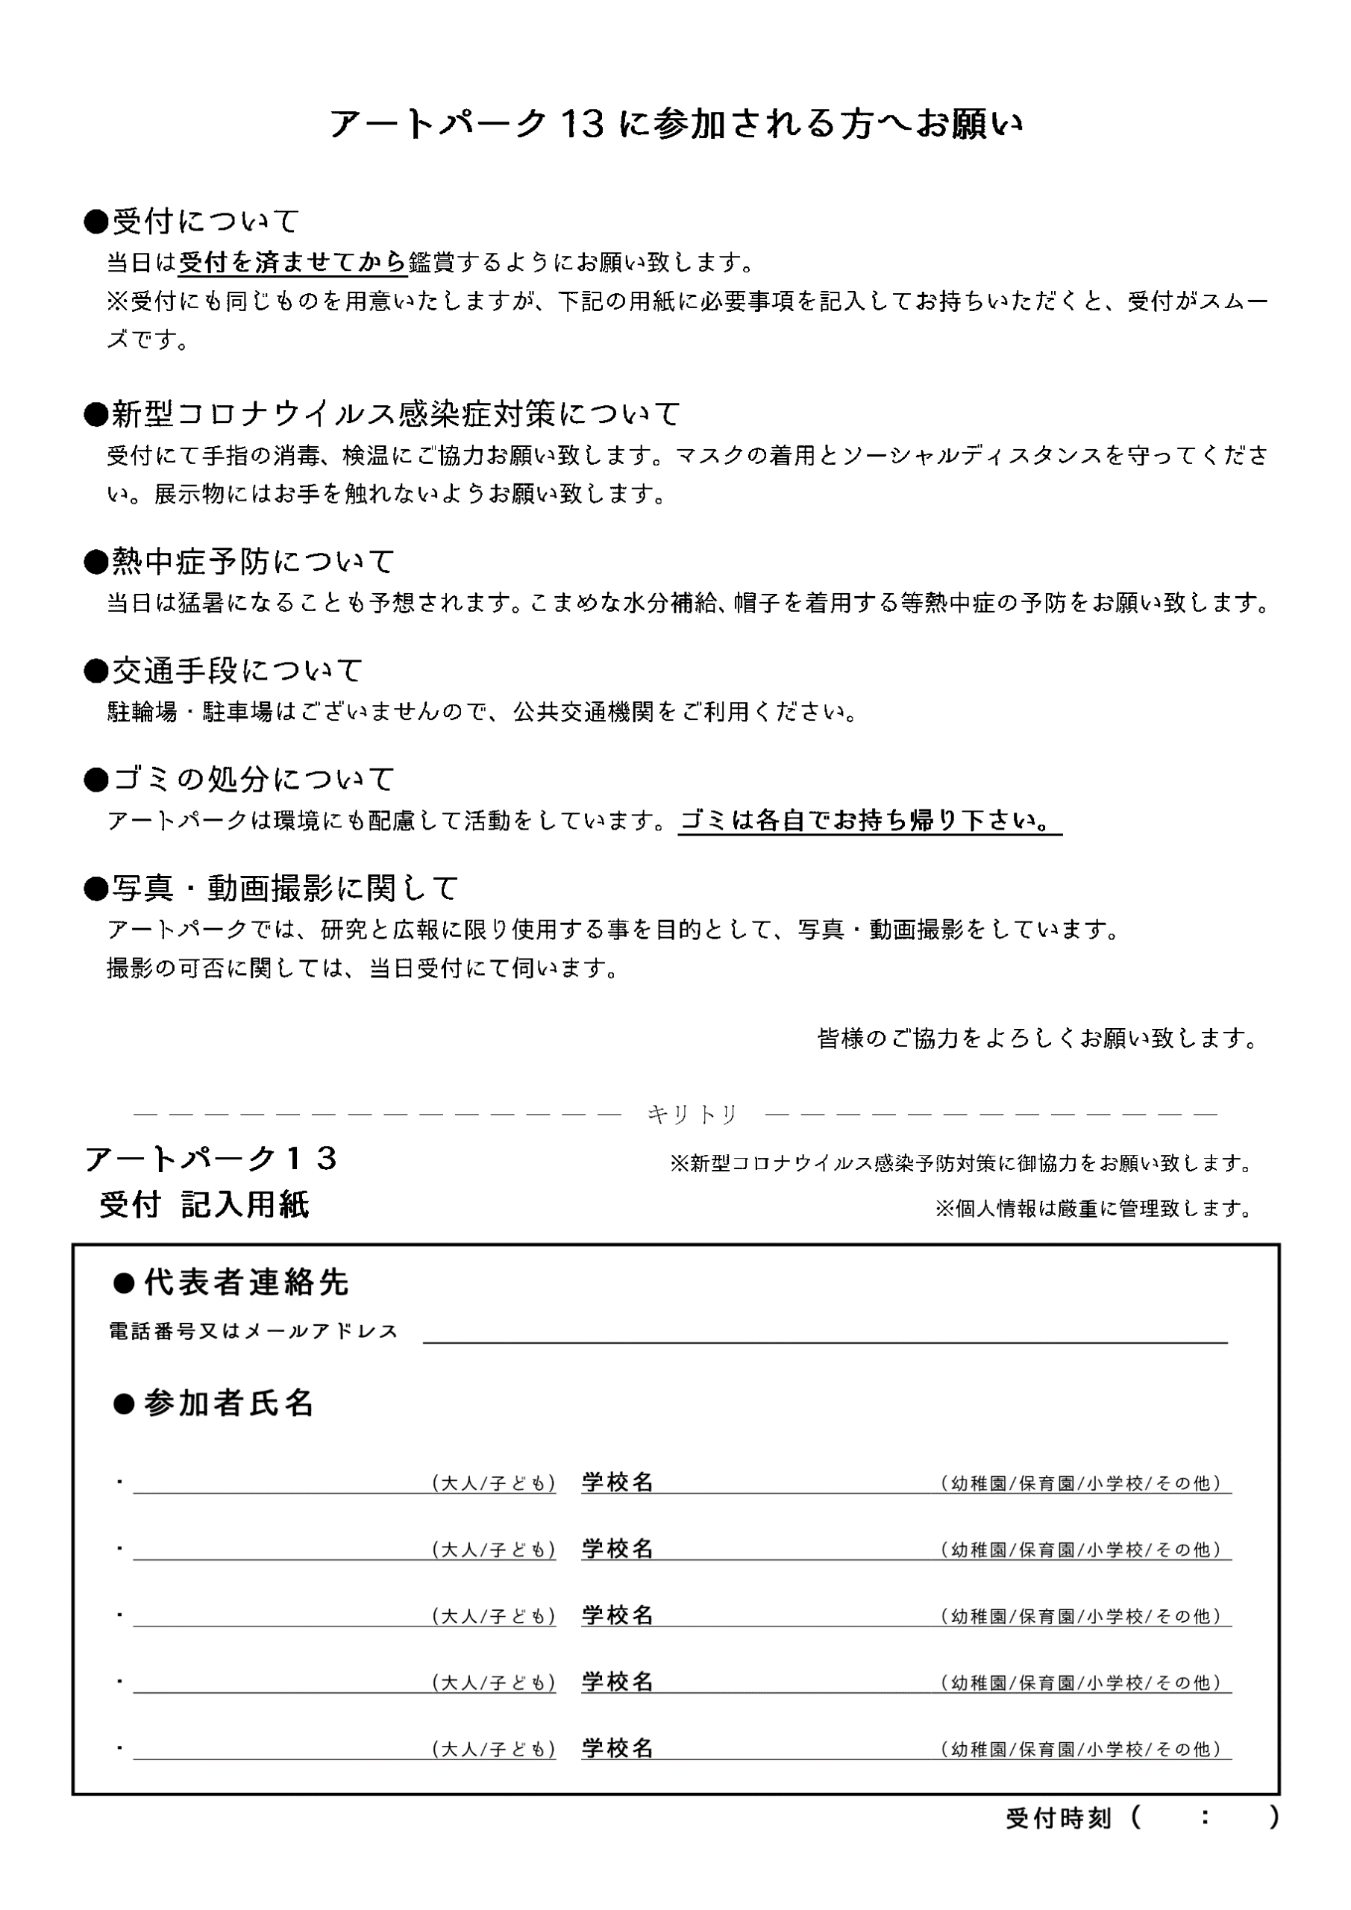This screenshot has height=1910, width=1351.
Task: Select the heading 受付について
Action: click(x=192, y=222)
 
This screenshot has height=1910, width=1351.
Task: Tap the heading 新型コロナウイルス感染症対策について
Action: click(x=383, y=413)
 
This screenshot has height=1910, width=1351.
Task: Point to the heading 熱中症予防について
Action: click(x=239, y=562)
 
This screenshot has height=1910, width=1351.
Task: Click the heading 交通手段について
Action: click(x=225, y=671)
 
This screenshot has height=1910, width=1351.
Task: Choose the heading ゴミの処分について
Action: click(x=239, y=780)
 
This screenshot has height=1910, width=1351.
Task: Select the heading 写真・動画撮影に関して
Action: click(x=272, y=889)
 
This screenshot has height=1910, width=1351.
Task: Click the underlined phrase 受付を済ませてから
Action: click(x=293, y=263)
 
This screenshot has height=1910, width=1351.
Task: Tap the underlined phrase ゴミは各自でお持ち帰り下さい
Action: click(x=868, y=821)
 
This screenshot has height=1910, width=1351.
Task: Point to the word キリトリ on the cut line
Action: click(x=692, y=1115)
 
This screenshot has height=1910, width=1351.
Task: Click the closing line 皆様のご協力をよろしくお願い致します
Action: click(x=1038, y=1038)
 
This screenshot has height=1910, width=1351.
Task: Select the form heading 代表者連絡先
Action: click(x=231, y=1283)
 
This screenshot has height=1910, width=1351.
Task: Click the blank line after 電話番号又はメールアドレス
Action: click(x=824, y=1331)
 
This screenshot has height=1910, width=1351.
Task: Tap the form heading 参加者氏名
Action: click(x=215, y=1403)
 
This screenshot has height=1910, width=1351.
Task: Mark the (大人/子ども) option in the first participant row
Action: click(x=493, y=1483)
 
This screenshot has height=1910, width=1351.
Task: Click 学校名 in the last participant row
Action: click(x=617, y=1749)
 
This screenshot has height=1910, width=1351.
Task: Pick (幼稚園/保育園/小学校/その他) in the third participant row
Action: click(x=1081, y=1616)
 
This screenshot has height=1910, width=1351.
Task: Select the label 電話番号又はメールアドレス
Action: click(x=254, y=1332)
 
